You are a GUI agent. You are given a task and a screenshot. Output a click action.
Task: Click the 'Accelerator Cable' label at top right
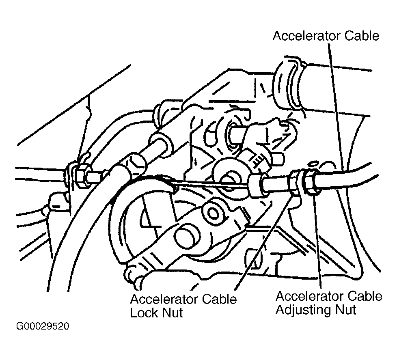click(x=326, y=36)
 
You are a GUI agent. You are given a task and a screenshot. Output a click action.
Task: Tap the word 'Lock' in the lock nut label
click(x=143, y=313)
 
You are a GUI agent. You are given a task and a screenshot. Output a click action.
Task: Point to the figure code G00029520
click(x=43, y=326)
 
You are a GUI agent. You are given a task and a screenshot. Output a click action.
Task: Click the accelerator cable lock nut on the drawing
click(x=294, y=183)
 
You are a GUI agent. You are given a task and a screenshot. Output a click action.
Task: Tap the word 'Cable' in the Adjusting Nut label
click(x=365, y=296)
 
